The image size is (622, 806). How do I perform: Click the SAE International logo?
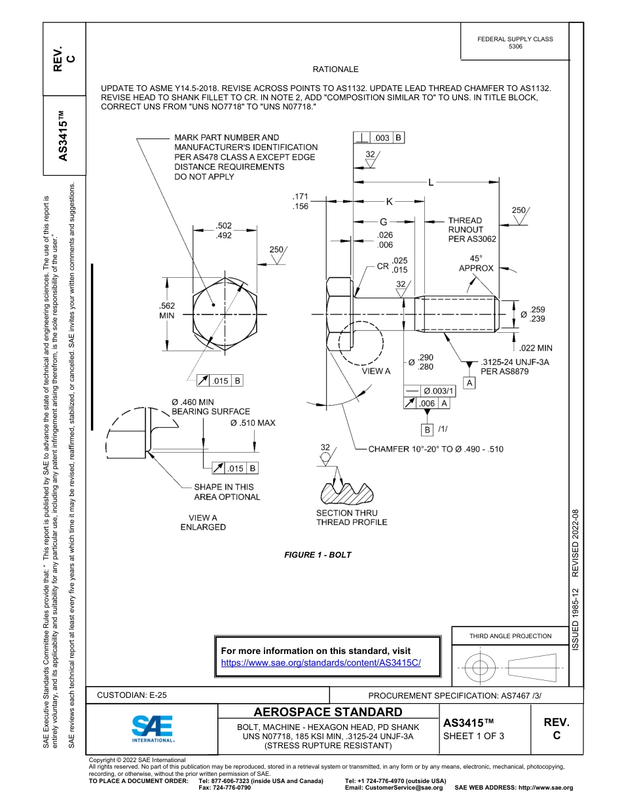[x=153, y=728]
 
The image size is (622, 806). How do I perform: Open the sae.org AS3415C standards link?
[x=321, y=662]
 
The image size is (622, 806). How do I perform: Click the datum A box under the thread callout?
[x=469, y=383]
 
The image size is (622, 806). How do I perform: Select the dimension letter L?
[x=430, y=183]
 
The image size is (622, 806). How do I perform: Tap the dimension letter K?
[x=389, y=202]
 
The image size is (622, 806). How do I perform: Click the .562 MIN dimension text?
[x=167, y=310]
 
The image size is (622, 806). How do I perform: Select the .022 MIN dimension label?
[x=535, y=348]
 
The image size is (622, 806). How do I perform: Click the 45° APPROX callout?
[x=476, y=263]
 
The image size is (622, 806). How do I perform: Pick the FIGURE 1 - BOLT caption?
[x=318, y=555]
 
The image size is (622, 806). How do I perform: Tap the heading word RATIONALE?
[x=335, y=69]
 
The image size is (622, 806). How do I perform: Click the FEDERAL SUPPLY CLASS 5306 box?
[x=515, y=43]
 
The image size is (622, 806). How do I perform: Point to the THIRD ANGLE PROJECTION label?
[x=510, y=636]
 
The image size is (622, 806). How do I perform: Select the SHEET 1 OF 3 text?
[x=473, y=735]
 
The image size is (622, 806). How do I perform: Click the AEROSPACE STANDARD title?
[x=328, y=712]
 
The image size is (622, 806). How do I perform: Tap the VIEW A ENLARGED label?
[x=203, y=522]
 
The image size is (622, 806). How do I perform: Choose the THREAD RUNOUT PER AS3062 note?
[x=471, y=230]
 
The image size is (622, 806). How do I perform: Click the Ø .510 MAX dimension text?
[x=253, y=423]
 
